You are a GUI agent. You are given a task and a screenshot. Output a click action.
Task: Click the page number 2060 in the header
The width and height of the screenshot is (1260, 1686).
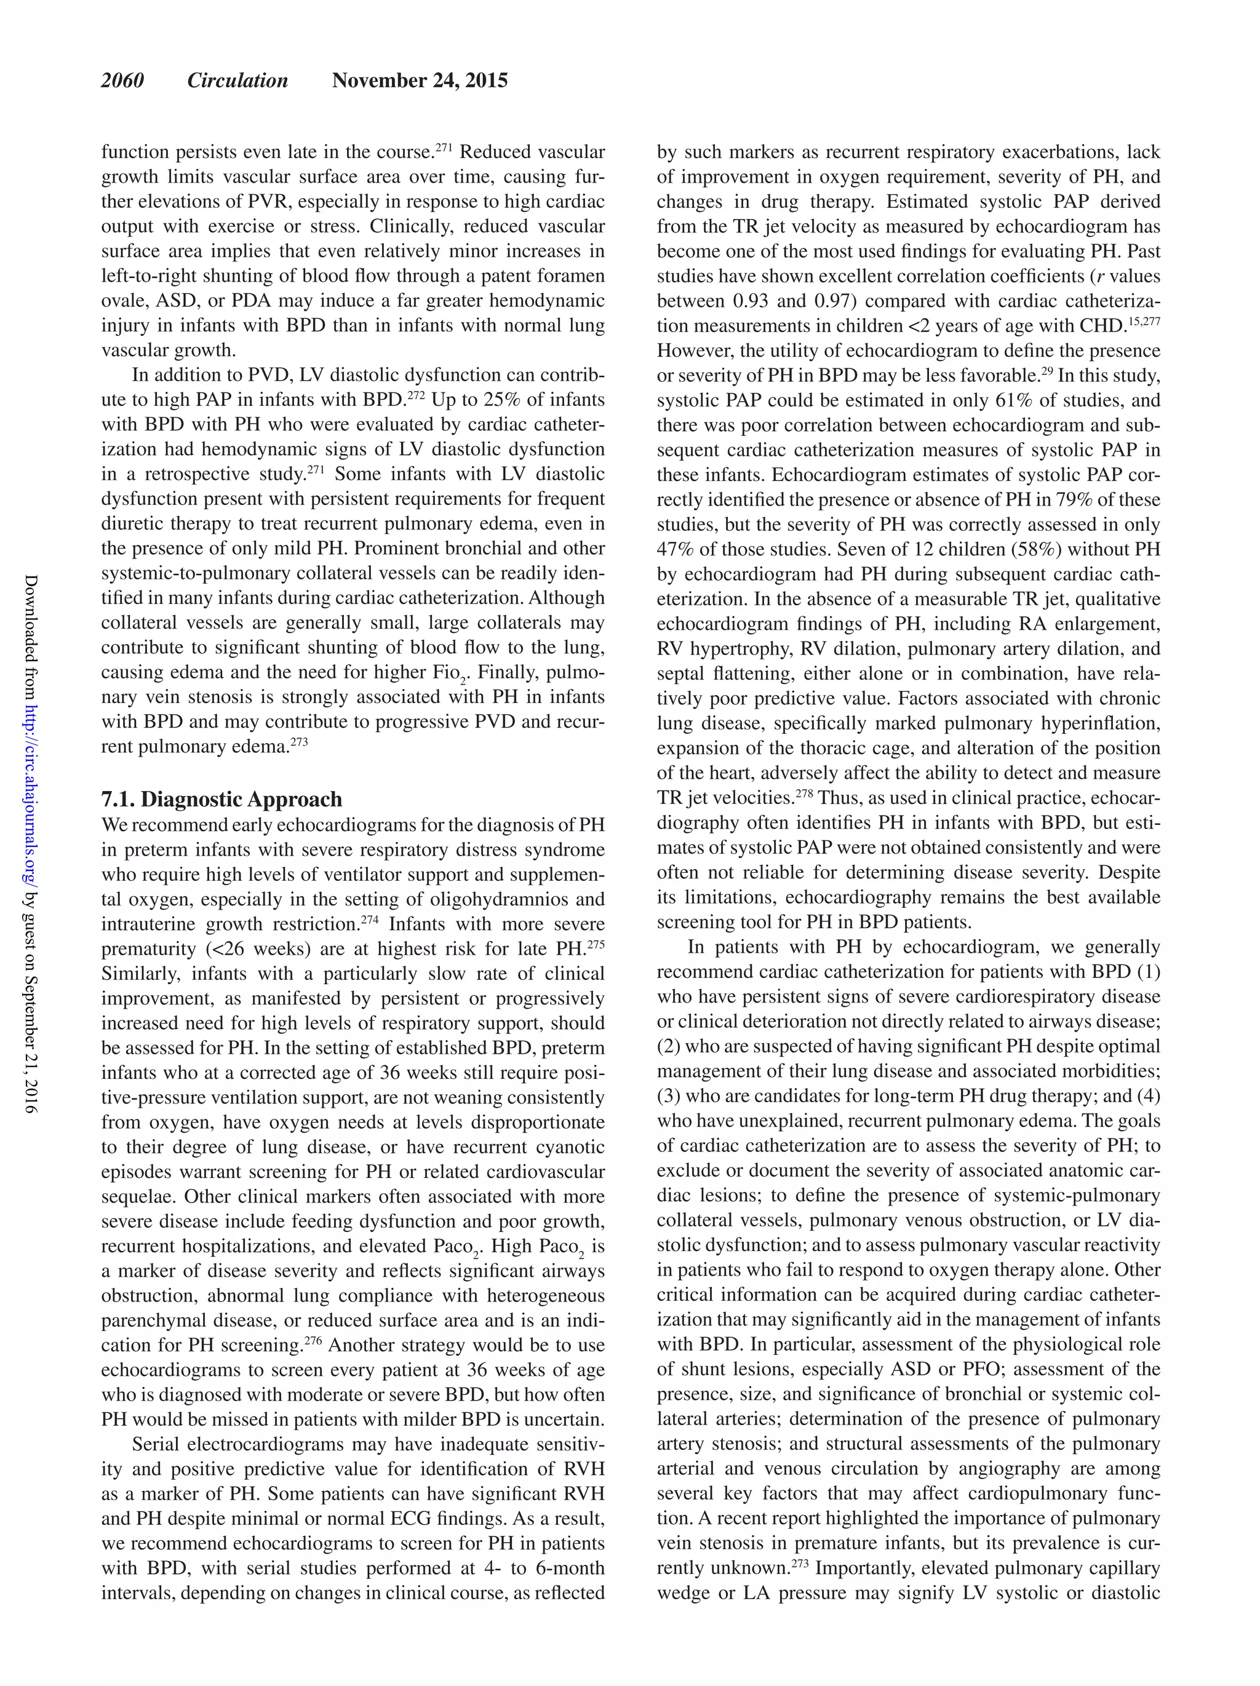[x=122, y=81]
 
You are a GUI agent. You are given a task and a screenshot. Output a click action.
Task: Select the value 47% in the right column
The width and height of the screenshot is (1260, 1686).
[x=674, y=549]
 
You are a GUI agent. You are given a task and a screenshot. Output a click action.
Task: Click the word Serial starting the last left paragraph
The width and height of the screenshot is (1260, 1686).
[x=156, y=1444]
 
